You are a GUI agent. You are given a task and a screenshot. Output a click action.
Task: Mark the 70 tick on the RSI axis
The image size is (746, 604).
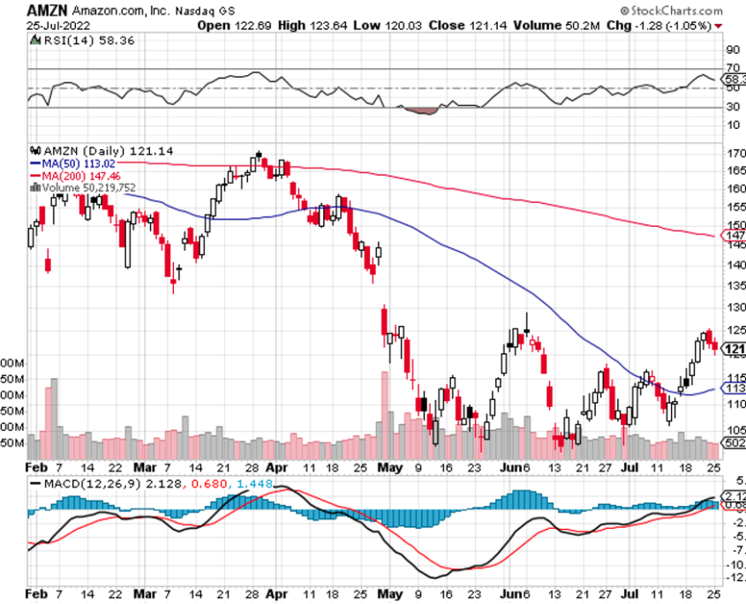pyautogui.click(x=731, y=68)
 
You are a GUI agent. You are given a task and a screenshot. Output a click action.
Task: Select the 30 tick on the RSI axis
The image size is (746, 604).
pyautogui.click(x=731, y=107)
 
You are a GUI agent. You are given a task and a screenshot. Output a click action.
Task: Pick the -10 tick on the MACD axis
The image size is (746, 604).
pyautogui.click(x=735, y=565)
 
